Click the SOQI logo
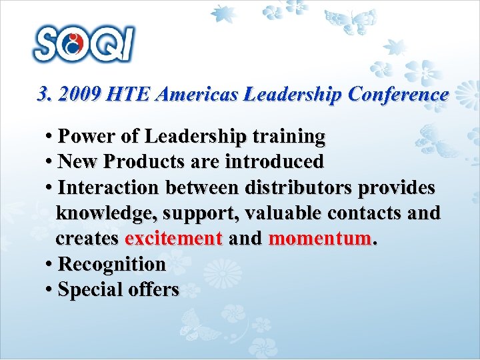[x=84, y=45]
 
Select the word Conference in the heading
[x=398, y=95]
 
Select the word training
[x=285, y=137]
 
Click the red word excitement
[x=173, y=239]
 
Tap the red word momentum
[x=319, y=239]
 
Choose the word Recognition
[x=112, y=265]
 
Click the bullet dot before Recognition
[x=50, y=265]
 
